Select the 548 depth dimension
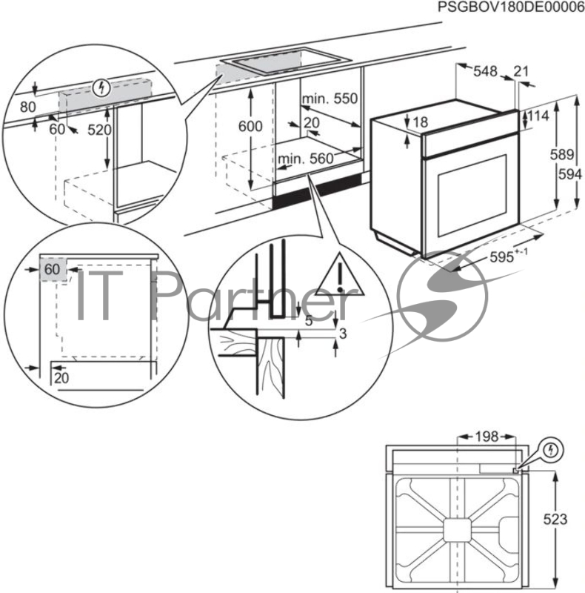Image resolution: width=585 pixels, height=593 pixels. (x=485, y=71)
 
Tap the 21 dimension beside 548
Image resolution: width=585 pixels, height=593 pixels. (x=521, y=71)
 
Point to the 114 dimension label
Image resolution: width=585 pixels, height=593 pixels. (x=538, y=116)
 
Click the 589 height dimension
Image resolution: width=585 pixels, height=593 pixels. (x=566, y=155)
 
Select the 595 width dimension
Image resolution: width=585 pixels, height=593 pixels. (x=505, y=257)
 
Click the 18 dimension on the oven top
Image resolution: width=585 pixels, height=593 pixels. (x=420, y=121)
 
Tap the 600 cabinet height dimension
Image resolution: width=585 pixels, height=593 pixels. (x=250, y=127)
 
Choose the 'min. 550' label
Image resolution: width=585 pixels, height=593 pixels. (x=329, y=99)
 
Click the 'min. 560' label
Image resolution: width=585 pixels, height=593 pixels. (x=306, y=158)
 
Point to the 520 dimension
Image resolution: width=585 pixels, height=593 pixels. (x=98, y=130)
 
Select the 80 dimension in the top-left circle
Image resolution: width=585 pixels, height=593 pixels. (x=27, y=107)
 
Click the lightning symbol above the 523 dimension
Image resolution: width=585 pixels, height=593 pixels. (x=552, y=450)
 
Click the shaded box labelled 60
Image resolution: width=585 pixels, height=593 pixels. (x=51, y=270)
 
